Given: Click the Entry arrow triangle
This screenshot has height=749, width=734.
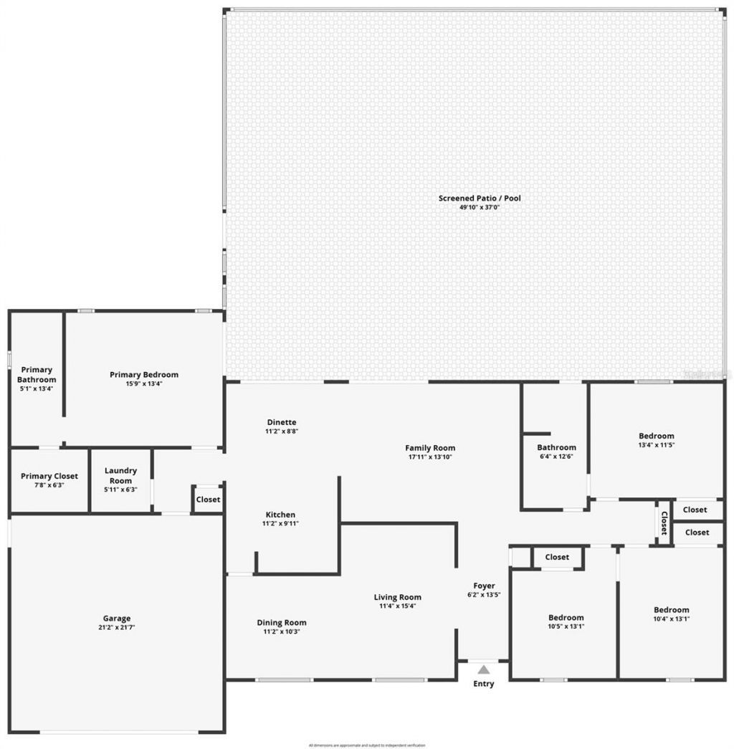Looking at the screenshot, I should click(484, 670).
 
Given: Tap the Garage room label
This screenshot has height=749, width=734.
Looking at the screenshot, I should click(117, 619).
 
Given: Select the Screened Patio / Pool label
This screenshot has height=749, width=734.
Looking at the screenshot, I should click(480, 198).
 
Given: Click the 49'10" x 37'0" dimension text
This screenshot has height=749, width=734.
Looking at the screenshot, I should click(480, 208).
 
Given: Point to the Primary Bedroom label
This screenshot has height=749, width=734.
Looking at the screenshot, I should click(144, 374).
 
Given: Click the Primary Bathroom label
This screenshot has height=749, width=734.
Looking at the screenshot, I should click(37, 375).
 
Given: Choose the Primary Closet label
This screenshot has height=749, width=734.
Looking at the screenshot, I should click(49, 476).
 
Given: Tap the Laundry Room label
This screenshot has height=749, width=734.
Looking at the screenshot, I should click(120, 476).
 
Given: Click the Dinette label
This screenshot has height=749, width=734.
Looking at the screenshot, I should click(281, 422).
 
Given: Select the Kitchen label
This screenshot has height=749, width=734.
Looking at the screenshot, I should click(280, 515).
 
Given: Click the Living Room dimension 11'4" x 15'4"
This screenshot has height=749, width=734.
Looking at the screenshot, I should click(398, 606).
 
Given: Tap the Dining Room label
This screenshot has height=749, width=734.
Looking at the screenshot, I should click(282, 623).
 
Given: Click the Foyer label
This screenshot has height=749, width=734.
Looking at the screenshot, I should click(484, 586).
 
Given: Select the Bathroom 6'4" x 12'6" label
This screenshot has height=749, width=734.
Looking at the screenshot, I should click(556, 447).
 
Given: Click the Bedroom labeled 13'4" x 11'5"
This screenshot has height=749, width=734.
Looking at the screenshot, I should click(657, 436).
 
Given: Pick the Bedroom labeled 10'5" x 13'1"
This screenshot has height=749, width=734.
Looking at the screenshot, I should click(566, 618).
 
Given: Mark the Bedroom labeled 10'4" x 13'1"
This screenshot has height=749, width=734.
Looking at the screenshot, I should click(671, 610).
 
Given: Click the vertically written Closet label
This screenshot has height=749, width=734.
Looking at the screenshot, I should click(664, 523).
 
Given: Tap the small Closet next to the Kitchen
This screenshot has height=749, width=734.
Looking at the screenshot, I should click(208, 500).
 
